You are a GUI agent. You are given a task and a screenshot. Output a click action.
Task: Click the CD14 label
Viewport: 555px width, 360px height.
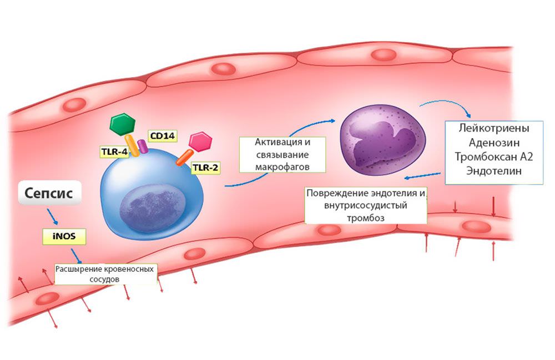tap(159, 136)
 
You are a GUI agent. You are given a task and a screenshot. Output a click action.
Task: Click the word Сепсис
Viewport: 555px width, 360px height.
tap(53, 193)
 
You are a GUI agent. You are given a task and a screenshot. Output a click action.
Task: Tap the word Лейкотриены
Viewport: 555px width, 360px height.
tap(494, 128)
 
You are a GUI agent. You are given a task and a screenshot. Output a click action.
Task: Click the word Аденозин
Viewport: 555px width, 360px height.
tap(493, 142)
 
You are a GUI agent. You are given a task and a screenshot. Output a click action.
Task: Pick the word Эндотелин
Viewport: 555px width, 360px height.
tap(494, 171)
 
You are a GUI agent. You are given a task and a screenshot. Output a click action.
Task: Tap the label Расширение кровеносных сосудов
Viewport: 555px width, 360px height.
tap(105, 274)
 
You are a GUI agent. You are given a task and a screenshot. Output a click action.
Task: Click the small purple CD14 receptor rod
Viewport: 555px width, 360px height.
tap(143, 146)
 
